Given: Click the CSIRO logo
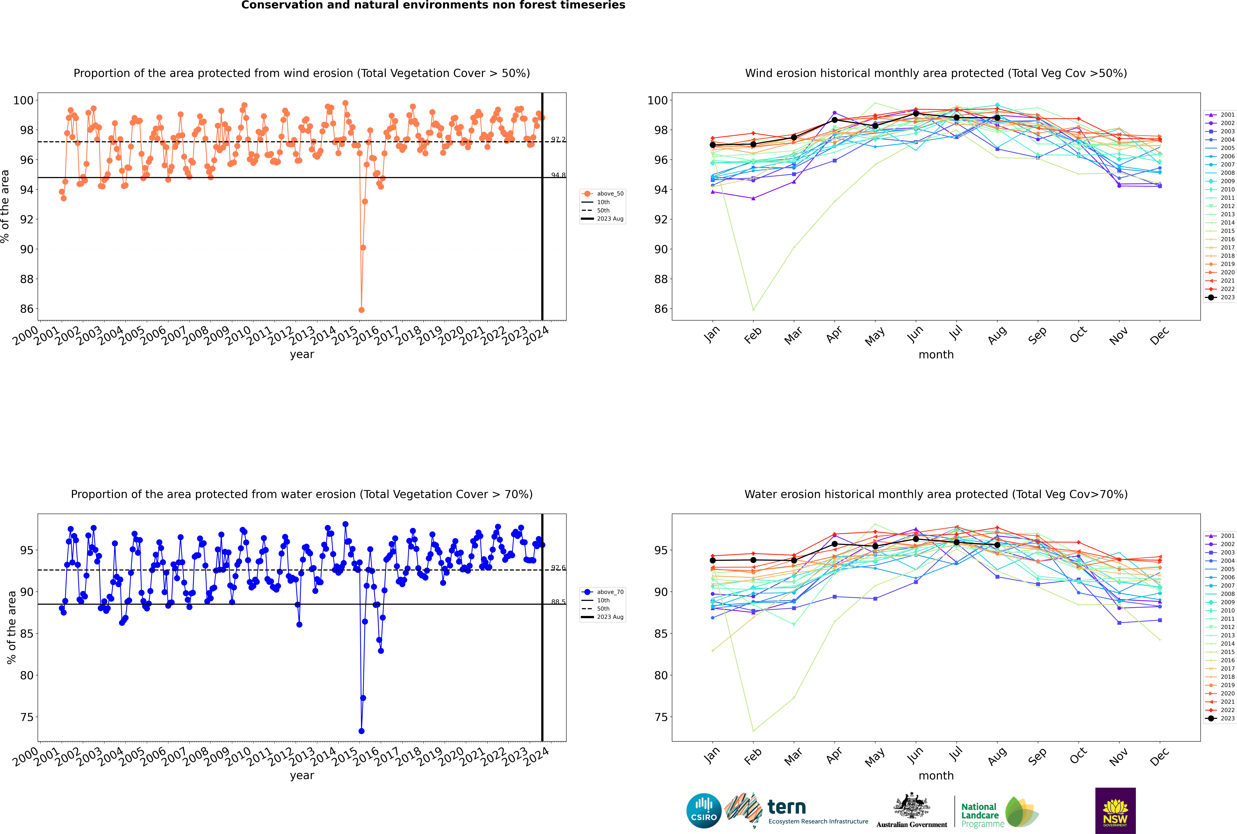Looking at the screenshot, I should pos(704,811).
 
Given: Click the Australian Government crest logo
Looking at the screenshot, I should pos(912,811).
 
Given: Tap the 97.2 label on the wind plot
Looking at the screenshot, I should pos(558,139).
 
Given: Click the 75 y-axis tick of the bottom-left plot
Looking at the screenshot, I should pos(27,717).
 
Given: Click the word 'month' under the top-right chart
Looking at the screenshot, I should pos(936,355).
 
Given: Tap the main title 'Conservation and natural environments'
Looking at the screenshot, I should pos(433,5).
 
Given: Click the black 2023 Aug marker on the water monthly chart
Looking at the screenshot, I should pos(997,545).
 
